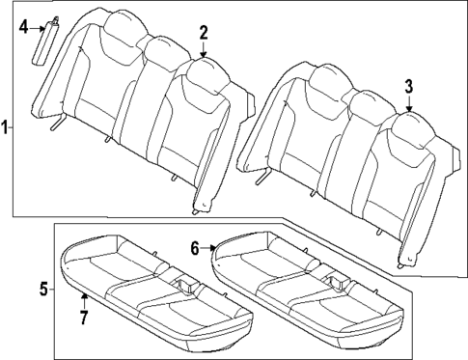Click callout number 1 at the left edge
tap(6, 126)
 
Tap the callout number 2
tap(204, 34)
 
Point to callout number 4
tap(24, 26)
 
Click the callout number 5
tap(43, 287)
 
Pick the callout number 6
tap(196, 248)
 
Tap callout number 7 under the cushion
tap(84, 317)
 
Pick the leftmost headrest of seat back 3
tap(324, 77)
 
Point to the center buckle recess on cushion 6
tap(339, 281)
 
